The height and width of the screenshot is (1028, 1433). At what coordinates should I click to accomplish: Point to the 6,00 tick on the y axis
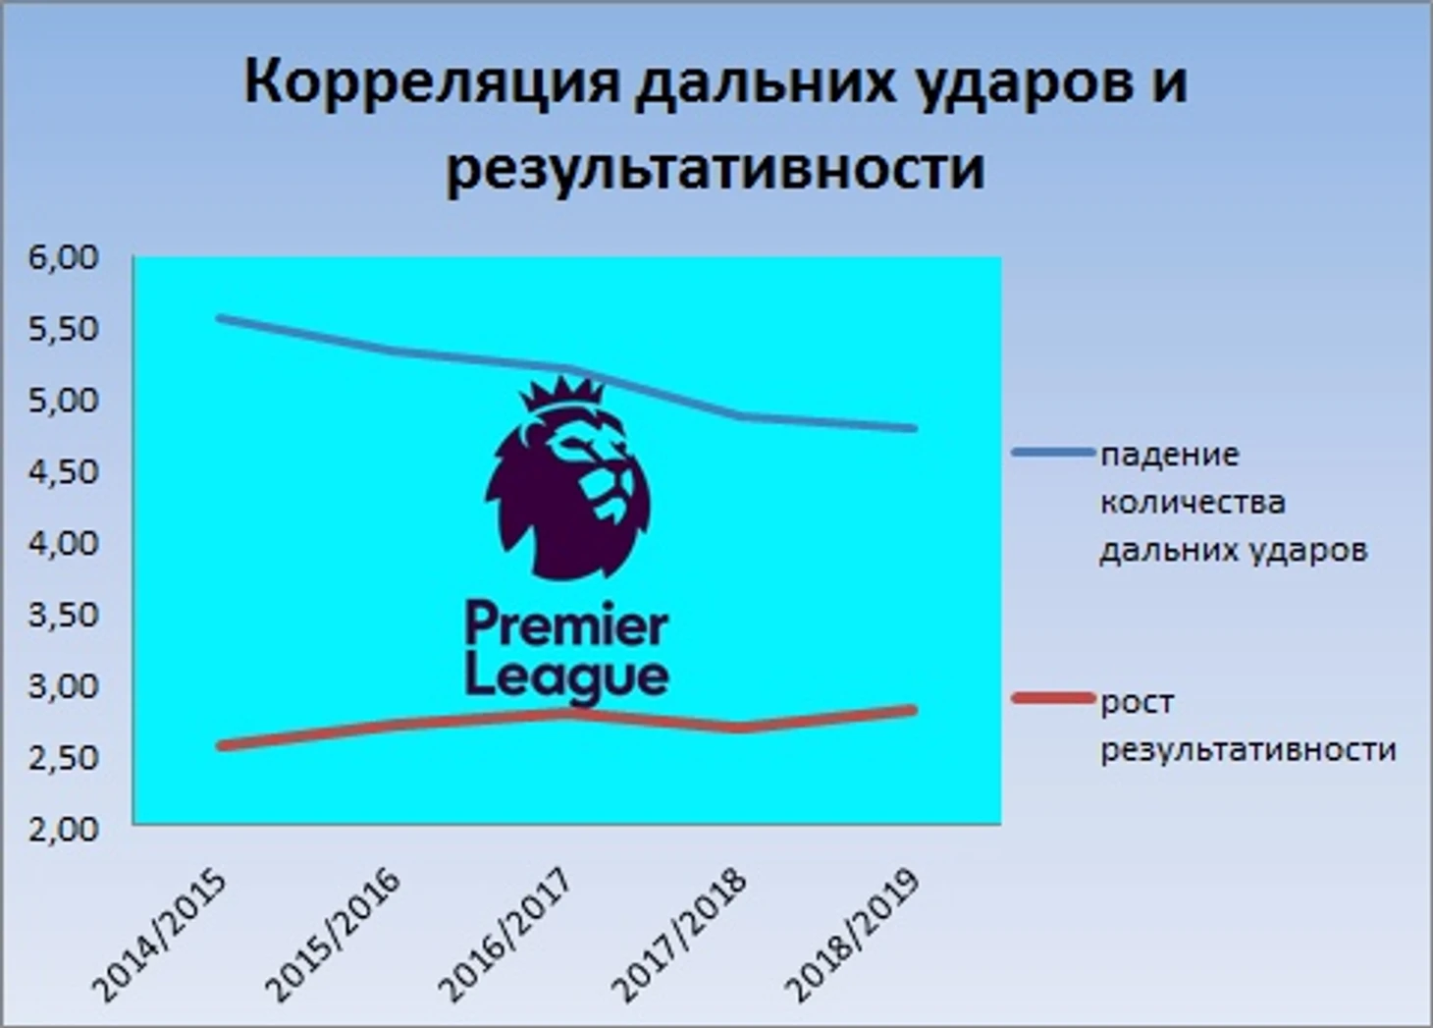coord(64,258)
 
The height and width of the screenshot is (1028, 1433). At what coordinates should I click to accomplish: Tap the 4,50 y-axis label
coord(64,472)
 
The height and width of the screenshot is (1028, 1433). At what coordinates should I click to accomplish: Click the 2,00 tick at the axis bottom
coord(64,830)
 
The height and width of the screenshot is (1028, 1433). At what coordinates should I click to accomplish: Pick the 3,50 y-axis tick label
coord(64,616)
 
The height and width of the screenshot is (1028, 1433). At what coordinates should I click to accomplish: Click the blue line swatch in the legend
coord(1053,452)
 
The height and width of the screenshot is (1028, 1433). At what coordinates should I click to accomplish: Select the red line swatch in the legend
coord(1053,698)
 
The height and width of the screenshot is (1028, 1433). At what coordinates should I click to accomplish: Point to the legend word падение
coord(1170,456)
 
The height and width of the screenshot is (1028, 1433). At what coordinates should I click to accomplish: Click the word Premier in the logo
coord(566,624)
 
